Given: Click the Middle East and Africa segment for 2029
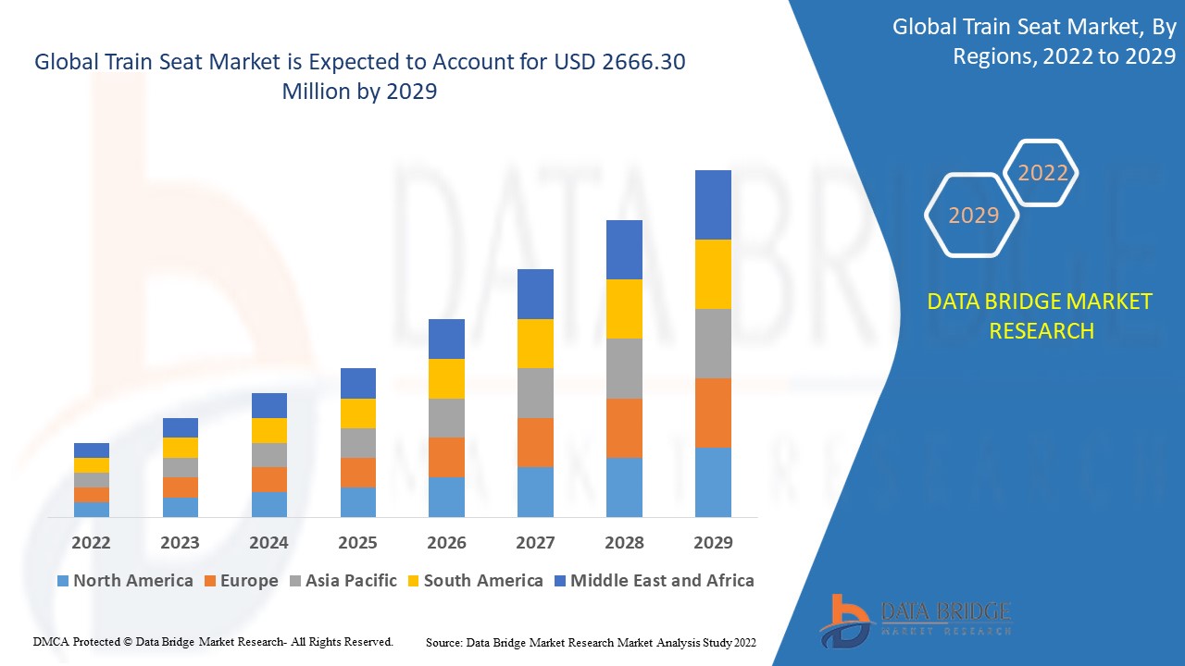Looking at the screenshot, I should click(713, 204).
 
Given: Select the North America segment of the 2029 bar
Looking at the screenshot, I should click(713, 482).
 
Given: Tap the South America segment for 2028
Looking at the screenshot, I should click(624, 308).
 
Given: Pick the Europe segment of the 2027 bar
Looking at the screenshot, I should click(535, 442).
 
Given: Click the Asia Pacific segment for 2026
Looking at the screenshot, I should click(446, 418).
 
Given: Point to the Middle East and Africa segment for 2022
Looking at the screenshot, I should click(92, 450).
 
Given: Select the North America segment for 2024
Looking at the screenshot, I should click(269, 504).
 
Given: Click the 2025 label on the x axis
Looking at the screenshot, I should click(357, 543).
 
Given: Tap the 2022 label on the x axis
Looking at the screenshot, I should click(91, 543).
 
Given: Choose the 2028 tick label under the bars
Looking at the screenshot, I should click(624, 543).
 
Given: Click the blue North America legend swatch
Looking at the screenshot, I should click(63, 581).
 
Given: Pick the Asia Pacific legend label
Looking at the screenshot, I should click(351, 581).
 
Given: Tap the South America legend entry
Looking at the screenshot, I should click(482, 581).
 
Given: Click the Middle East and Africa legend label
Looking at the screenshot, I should click(662, 581).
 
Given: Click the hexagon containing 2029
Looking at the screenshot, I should click(973, 216).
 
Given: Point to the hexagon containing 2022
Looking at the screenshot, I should click(1042, 173).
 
